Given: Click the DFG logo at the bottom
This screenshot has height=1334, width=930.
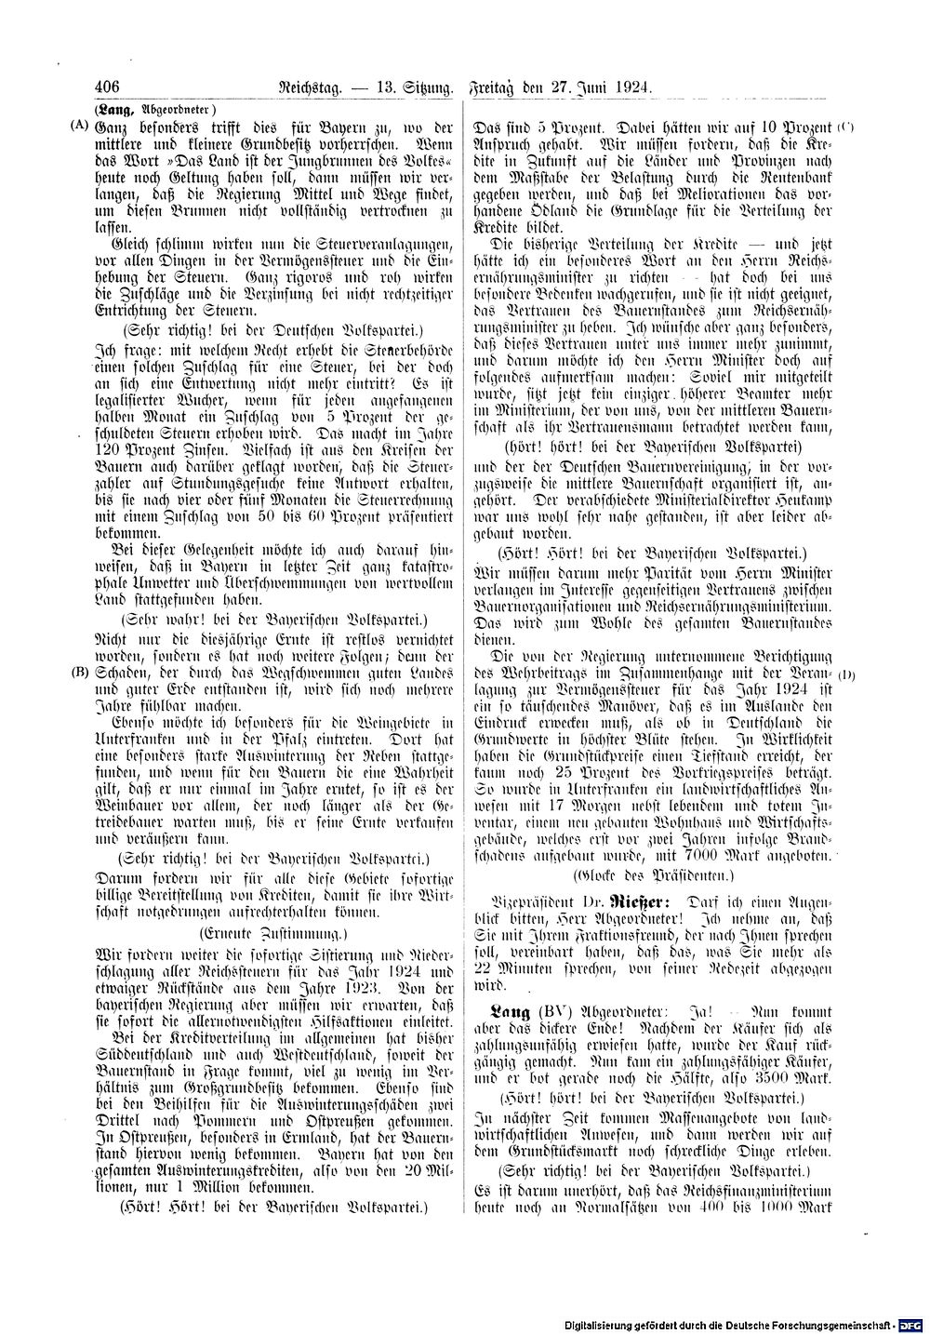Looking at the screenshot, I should pos(910,1323).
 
